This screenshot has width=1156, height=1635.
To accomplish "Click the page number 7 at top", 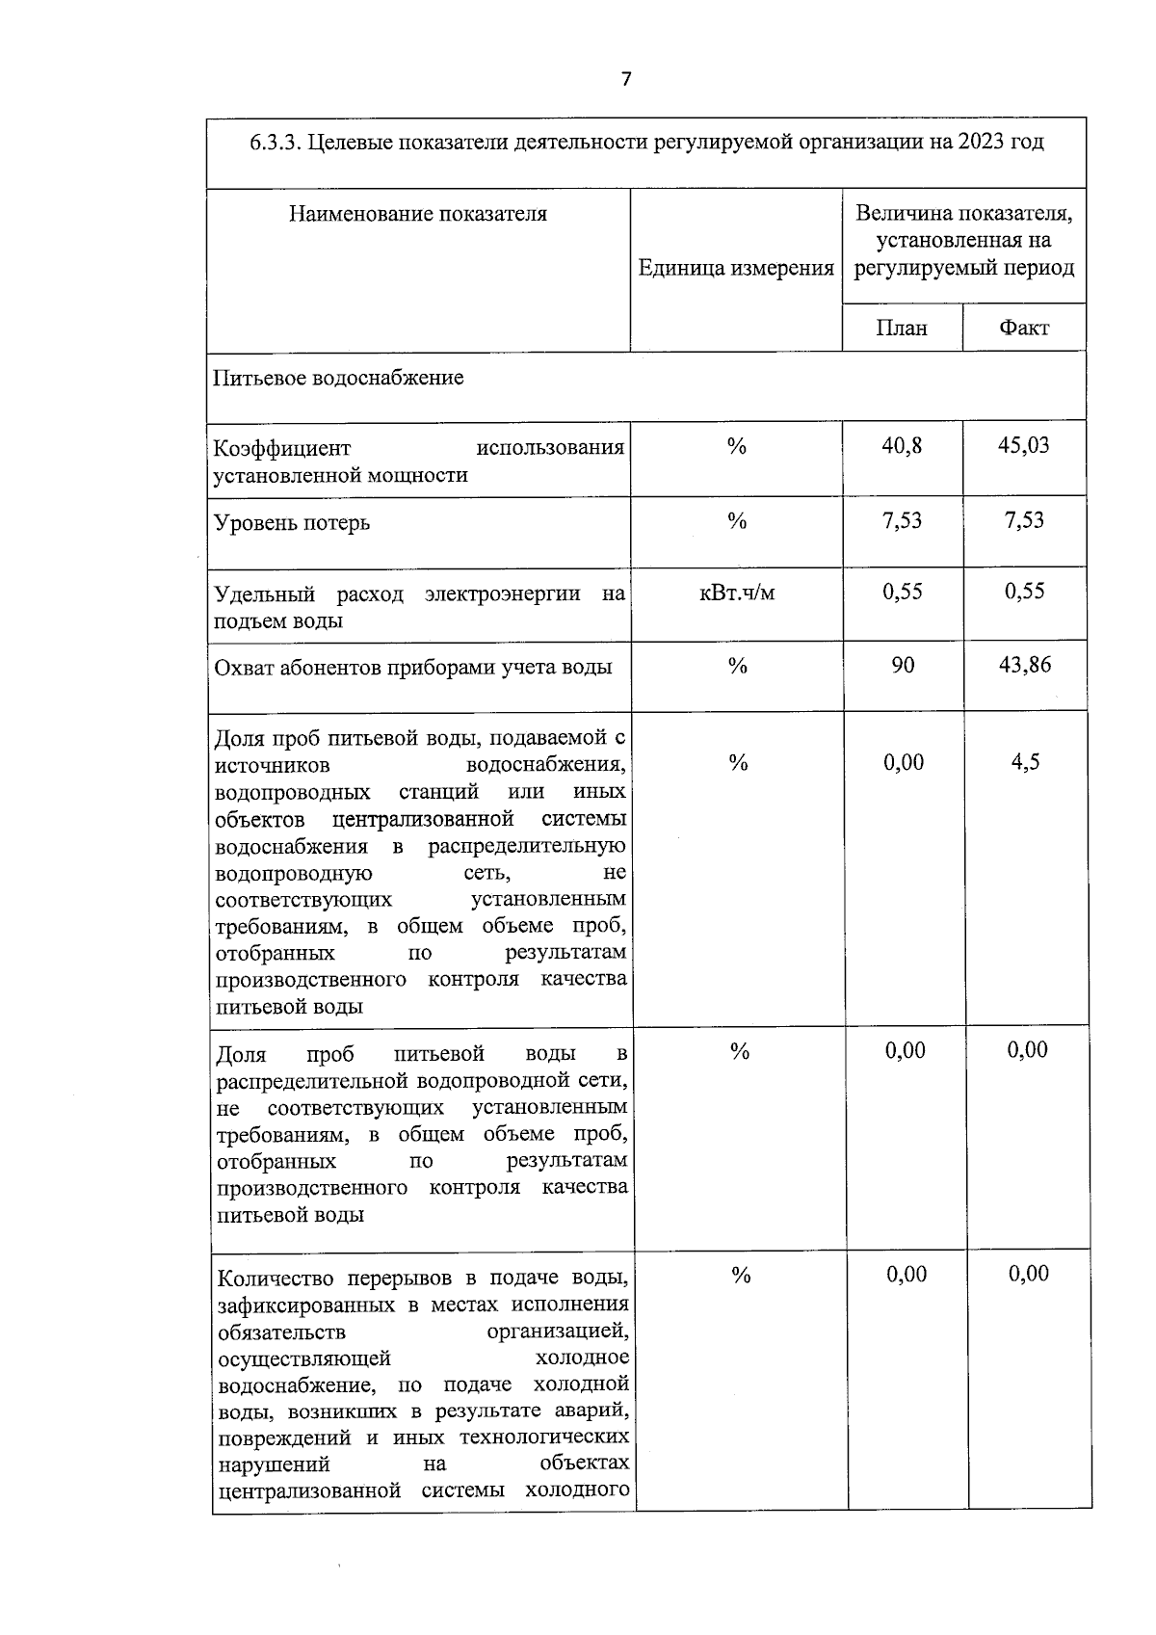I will tap(625, 79).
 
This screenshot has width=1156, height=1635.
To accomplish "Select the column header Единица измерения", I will tap(736, 269).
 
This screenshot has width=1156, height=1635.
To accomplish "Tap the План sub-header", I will tap(902, 328).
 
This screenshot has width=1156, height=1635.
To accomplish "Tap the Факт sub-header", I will tap(1024, 328).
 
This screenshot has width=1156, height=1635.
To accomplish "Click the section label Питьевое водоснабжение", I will tap(338, 378).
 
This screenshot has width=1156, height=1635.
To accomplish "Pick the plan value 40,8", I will tap(902, 445).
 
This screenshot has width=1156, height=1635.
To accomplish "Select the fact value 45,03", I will tap(1024, 445).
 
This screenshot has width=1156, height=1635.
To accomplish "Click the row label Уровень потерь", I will tap(291, 523).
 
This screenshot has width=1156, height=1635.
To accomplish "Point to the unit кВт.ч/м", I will tap(737, 593).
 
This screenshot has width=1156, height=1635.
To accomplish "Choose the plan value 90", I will tap(903, 665).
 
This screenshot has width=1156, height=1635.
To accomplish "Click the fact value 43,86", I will tap(1025, 665).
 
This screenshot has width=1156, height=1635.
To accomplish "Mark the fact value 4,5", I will tap(1025, 762).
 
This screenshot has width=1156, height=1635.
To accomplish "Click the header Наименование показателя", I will tap(418, 214).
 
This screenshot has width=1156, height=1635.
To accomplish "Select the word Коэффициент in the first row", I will tap(282, 449).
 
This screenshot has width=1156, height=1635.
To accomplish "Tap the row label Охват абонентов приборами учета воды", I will tap(412, 667).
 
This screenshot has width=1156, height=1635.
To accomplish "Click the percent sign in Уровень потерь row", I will tap(737, 521).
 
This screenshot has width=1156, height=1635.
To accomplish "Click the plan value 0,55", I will tap(903, 592).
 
